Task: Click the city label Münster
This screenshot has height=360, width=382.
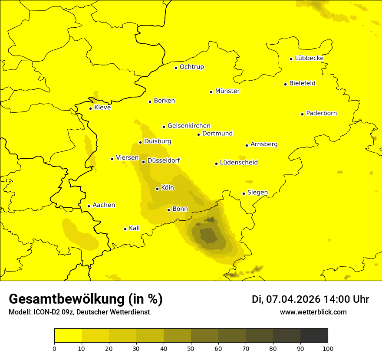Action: pyautogui.click(x=227, y=91)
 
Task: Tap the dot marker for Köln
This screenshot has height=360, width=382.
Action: pyautogui.click(x=157, y=189)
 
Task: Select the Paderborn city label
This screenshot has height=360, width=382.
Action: pyautogui.click(x=321, y=113)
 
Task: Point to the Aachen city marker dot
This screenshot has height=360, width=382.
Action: pyautogui.click(x=89, y=206)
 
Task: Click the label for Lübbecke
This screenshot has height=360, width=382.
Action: pyautogui.click(x=309, y=58)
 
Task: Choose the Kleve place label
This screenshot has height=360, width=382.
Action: pyautogui.click(x=102, y=108)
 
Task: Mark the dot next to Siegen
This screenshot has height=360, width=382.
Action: pyautogui.click(x=244, y=193)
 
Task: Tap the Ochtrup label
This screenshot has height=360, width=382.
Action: pyautogui.click(x=191, y=67)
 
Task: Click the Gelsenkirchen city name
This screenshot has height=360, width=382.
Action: pyautogui.click(x=189, y=126)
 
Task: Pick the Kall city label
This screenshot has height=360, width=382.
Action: pyautogui.click(x=134, y=228)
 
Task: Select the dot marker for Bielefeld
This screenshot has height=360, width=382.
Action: pyautogui.click(x=286, y=84)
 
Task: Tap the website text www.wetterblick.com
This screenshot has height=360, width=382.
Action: pyautogui.click(x=313, y=312)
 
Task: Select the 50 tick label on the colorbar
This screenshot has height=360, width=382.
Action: pyautogui.click(x=191, y=348)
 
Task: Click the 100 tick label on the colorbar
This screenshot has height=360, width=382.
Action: pyautogui.click(x=328, y=348)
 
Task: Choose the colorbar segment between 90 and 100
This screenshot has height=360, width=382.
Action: pyautogui.click(x=314, y=335)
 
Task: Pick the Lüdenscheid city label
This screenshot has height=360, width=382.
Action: pyautogui.click(x=239, y=163)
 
